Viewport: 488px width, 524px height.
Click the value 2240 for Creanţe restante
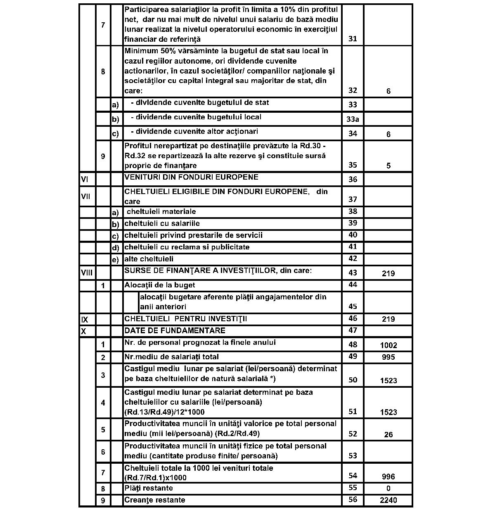click(388, 500)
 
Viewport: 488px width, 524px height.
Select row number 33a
click(353, 119)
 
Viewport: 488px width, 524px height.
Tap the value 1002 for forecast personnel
click(388, 345)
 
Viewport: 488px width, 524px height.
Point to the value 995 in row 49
click(388, 357)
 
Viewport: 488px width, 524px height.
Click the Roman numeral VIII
click(87, 273)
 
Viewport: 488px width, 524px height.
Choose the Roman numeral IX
click(85, 320)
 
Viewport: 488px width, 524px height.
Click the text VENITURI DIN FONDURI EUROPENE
click(191, 177)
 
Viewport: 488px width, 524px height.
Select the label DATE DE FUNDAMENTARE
click(175, 330)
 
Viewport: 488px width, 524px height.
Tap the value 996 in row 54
click(388, 477)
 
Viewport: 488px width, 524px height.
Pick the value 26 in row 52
click(388, 434)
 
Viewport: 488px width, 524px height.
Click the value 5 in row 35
click(388, 166)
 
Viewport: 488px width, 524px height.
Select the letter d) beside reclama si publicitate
click(116, 248)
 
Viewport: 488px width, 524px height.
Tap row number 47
click(353, 330)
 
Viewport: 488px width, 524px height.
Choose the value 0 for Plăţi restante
click(388, 488)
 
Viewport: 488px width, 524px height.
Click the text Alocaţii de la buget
click(159, 285)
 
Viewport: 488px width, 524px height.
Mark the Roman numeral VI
click(85, 179)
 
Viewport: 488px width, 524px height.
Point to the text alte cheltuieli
click(149, 259)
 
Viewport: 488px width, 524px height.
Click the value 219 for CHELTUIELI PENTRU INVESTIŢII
click(388, 319)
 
